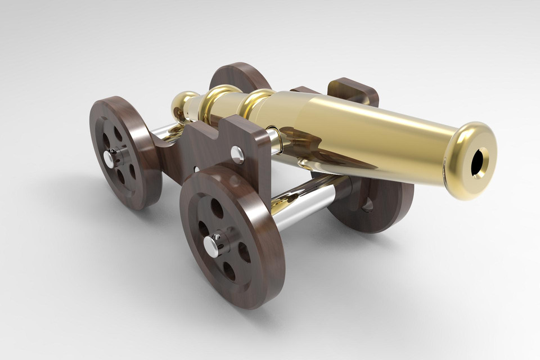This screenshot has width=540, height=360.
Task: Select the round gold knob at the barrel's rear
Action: (x=183, y=105)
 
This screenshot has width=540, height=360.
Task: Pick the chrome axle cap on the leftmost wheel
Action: (x=108, y=159)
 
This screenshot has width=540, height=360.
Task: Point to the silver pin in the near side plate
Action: (x=237, y=152)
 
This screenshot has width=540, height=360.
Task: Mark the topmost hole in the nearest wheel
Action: (x=217, y=208)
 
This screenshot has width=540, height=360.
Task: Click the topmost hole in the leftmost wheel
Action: (x=118, y=134)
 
